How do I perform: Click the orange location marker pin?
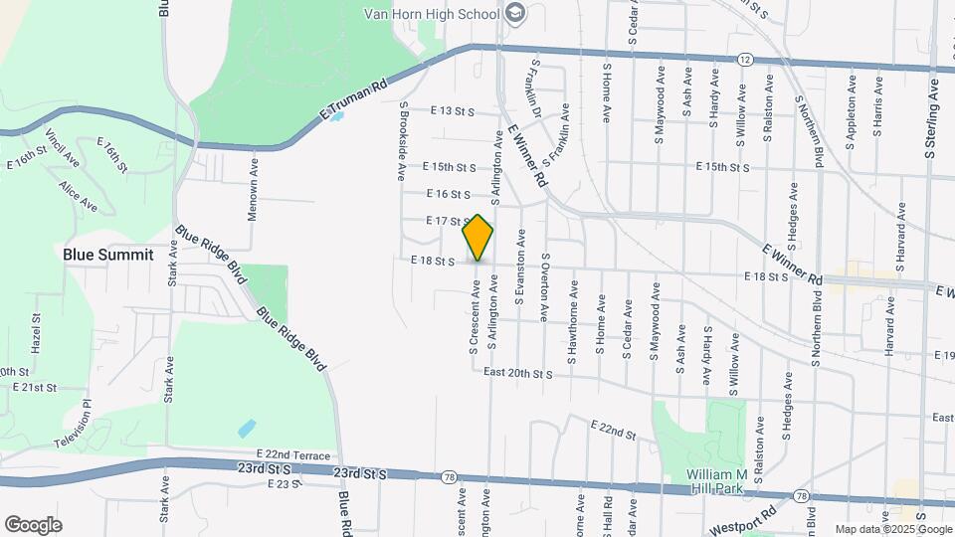[x=478, y=238]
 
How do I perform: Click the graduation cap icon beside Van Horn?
[x=514, y=13]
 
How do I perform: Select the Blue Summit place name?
[x=108, y=255]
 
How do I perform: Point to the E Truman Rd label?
[x=352, y=102]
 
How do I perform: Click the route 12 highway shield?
[x=745, y=61]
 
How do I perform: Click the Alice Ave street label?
[x=78, y=196]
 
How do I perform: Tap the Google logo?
[x=33, y=524]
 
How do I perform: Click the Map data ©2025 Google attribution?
[x=892, y=529]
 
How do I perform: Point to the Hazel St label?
[x=36, y=339]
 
